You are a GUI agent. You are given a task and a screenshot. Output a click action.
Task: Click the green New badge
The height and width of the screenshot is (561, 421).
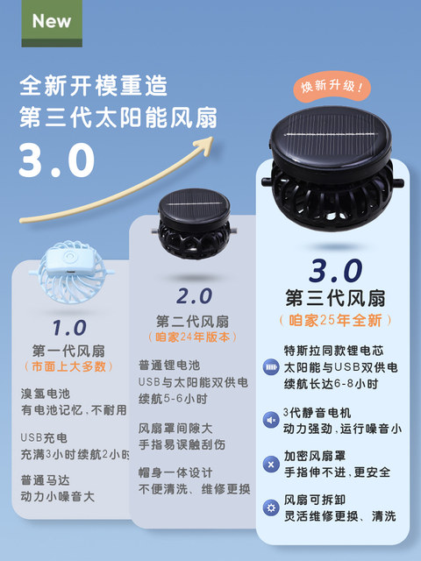click(52, 20)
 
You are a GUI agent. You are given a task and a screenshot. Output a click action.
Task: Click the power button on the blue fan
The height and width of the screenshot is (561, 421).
click(67, 256)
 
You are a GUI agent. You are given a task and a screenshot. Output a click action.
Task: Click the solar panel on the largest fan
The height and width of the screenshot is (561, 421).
click(327, 140)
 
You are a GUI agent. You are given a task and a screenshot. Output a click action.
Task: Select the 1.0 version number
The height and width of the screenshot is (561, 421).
click(68, 328)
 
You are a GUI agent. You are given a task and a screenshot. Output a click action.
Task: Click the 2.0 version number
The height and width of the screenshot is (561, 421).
click(194, 295)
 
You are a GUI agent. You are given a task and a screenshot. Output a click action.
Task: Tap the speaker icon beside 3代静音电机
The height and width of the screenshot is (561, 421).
click(271, 420)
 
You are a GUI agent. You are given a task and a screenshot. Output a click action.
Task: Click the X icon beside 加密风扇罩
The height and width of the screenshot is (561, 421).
click(271, 464)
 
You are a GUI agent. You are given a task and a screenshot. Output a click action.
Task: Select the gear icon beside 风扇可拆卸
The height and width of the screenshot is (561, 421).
click(271, 508)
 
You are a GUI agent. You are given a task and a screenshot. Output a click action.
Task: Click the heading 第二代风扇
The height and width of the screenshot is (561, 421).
click(193, 320)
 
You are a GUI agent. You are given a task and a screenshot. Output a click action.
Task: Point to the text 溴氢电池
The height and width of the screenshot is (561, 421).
click(45, 394)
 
